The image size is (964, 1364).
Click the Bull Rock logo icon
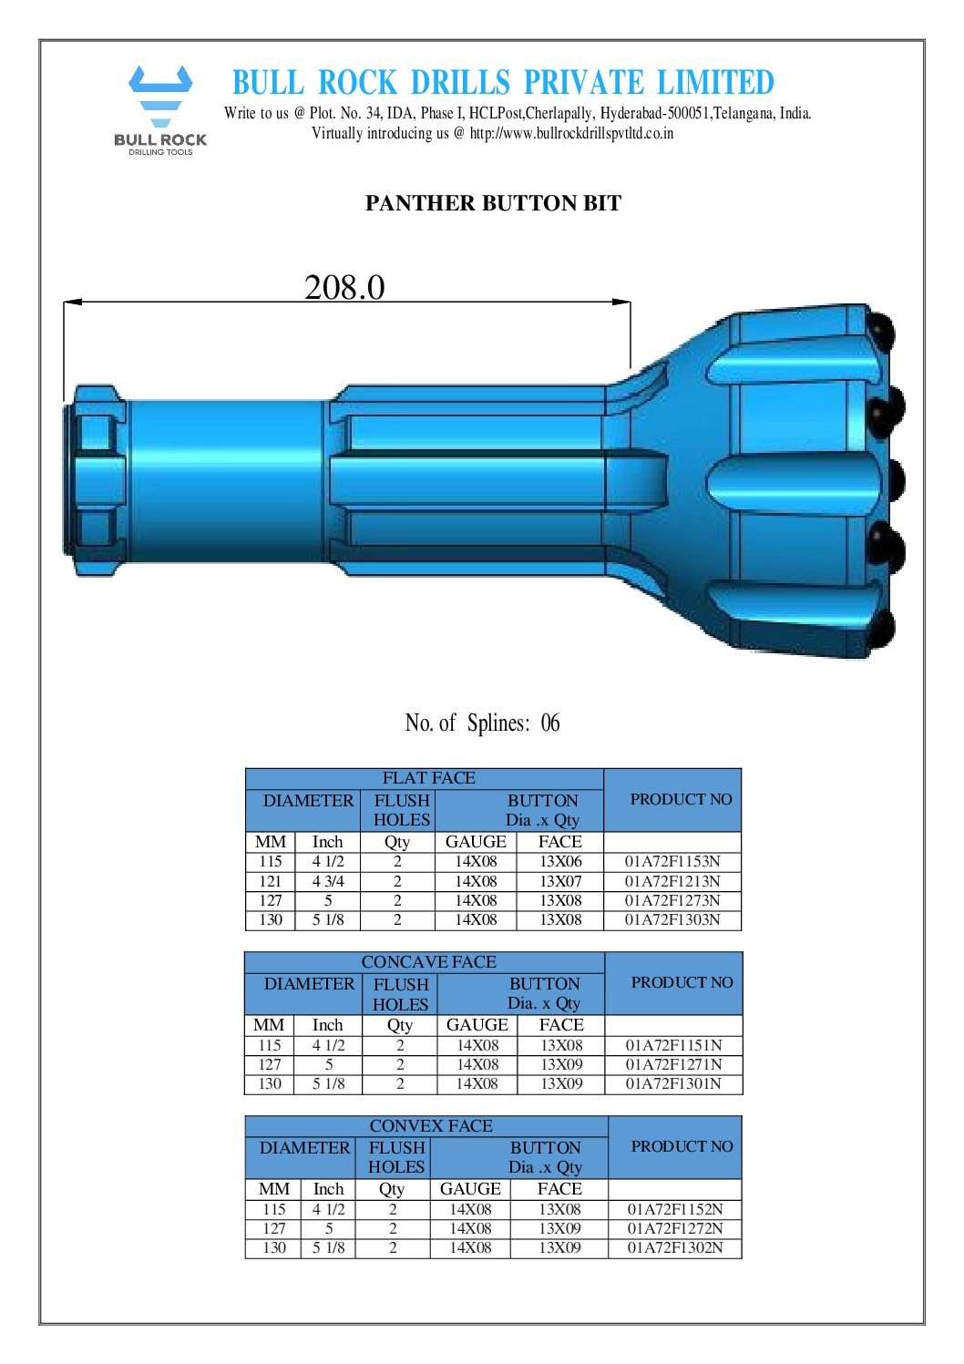160,97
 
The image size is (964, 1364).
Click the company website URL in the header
571,133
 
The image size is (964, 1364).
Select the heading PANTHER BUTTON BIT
493,203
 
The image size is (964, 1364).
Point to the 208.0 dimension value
344,287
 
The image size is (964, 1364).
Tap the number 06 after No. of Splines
550,723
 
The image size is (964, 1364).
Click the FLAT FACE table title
428,778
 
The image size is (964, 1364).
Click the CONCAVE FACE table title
428,962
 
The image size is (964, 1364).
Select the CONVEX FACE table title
431,1126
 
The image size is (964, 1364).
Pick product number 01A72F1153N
672,862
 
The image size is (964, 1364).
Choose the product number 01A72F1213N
672,881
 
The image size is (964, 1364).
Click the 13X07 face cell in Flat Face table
560,881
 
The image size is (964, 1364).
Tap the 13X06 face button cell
560,862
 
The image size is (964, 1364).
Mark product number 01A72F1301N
673,1084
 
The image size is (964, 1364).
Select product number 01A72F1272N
675,1228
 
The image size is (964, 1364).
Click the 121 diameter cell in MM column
271,881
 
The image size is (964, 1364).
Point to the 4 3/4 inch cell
328,881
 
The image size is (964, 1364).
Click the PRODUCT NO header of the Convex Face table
682,1146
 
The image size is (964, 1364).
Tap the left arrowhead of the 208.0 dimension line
72,302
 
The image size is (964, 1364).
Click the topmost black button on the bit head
882,327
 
